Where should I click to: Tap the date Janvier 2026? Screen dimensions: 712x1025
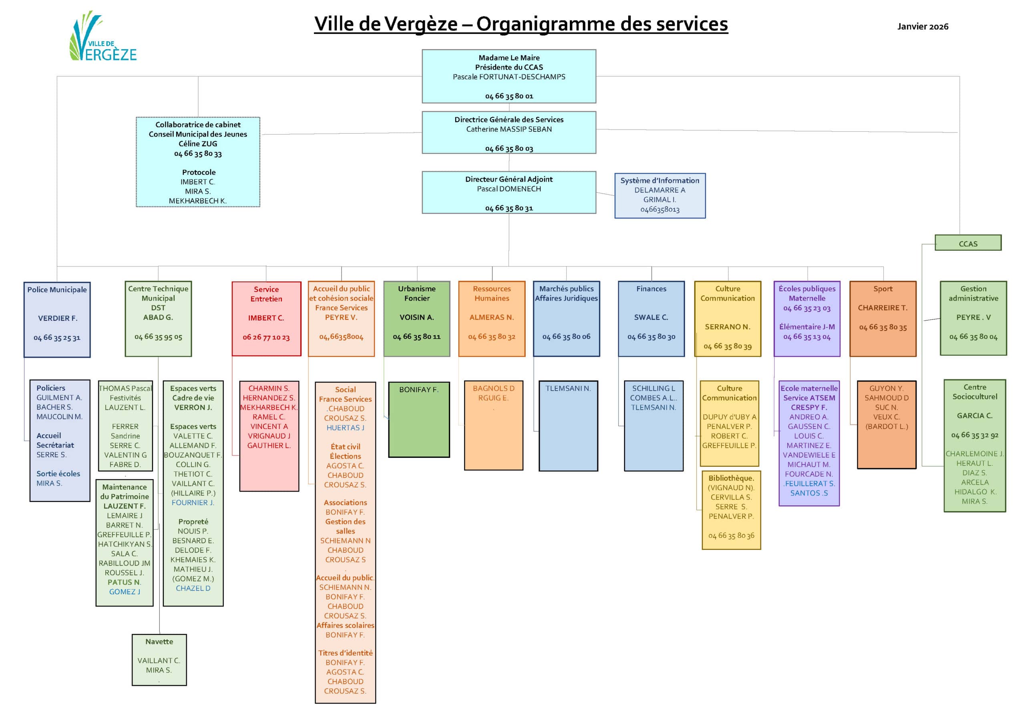(x=922, y=26)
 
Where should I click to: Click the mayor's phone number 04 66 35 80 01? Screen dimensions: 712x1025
(x=509, y=96)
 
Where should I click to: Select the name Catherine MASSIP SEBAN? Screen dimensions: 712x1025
(x=509, y=129)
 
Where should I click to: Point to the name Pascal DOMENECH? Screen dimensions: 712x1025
(x=509, y=189)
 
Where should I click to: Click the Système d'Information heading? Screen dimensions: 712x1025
(x=659, y=181)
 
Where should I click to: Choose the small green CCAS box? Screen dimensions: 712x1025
(x=967, y=244)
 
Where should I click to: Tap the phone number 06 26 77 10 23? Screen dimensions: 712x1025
(x=266, y=337)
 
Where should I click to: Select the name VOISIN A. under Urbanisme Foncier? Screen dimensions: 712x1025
(x=416, y=318)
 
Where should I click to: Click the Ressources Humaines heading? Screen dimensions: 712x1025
(x=491, y=293)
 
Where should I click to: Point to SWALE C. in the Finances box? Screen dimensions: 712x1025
(x=651, y=318)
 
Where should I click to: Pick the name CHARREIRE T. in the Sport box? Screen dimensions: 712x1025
(x=882, y=308)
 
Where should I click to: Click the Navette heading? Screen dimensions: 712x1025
(x=159, y=642)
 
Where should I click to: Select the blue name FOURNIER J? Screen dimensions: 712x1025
(x=193, y=503)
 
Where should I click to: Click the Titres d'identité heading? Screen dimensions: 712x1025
(x=345, y=653)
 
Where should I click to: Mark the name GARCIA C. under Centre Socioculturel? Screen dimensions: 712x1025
(x=974, y=416)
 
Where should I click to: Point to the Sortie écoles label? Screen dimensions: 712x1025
(x=58, y=474)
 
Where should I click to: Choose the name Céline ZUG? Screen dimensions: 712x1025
(x=198, y=144)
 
